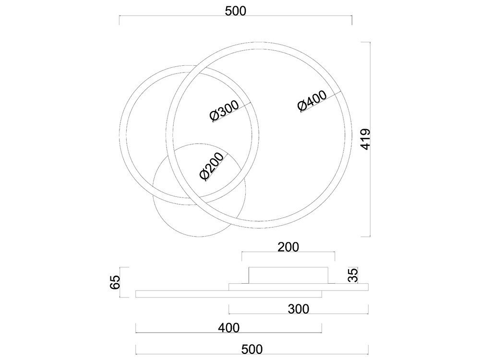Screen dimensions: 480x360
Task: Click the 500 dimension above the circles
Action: click(235, 11)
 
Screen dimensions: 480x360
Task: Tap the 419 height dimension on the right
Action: click(365, 139)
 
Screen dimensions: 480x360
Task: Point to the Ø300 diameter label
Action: click(224, 110)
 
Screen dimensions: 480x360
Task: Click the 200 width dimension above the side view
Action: click(288, 247)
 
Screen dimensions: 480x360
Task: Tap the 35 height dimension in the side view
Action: click(353, 275)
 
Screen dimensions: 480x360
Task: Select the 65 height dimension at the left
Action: click(115, 282)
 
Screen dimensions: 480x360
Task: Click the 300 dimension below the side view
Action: click(299, 309)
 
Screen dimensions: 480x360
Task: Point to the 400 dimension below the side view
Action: click(228, 328)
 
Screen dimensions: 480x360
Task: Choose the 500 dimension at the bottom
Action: click(252, 349)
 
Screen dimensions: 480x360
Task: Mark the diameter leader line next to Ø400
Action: click(321, 102)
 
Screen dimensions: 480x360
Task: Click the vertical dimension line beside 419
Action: click(371, 139)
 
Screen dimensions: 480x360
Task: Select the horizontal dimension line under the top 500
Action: click(235, 16)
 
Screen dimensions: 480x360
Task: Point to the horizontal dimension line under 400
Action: click(228, 333)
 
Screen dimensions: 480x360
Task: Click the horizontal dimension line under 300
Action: click(299, 314)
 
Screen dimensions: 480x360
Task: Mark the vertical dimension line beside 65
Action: click(120, 282)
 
